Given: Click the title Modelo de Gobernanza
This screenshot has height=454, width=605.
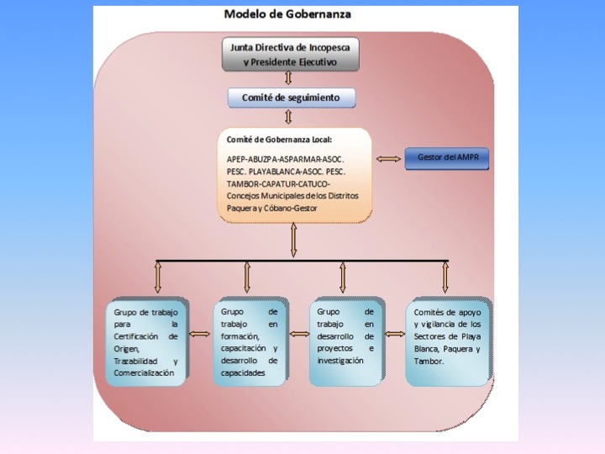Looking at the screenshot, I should tap(288, 14).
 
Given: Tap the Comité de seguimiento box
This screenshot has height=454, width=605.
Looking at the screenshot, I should tap(291, 98).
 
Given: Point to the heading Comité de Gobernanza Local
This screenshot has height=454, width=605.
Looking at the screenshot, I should tap(279, 139).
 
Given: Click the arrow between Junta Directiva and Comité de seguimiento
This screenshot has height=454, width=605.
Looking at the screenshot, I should tap(289, 78).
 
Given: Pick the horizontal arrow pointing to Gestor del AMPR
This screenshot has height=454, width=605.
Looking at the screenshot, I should tap(388, 159).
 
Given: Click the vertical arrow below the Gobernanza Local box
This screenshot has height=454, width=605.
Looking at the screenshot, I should tap(293, 240).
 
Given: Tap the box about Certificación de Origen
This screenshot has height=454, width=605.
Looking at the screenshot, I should tap(146, 341).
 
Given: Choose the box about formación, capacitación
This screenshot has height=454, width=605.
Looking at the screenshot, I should tap(249, 341).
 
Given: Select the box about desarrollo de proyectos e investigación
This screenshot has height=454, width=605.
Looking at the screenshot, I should tap(345, 341).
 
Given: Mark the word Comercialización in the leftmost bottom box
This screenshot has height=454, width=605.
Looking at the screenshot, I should tap(144, 372).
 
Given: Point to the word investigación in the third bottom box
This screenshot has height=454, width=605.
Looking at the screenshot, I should tap(340, 360).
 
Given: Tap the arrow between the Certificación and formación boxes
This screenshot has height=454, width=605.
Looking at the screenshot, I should tap(200, 334).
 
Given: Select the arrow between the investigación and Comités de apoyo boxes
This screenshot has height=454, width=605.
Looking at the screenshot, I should tap(393, 334).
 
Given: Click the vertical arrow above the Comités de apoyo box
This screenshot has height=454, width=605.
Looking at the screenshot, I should tap(445, 277).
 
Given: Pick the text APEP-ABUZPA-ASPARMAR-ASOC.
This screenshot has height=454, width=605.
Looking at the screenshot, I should tap(285, 158).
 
